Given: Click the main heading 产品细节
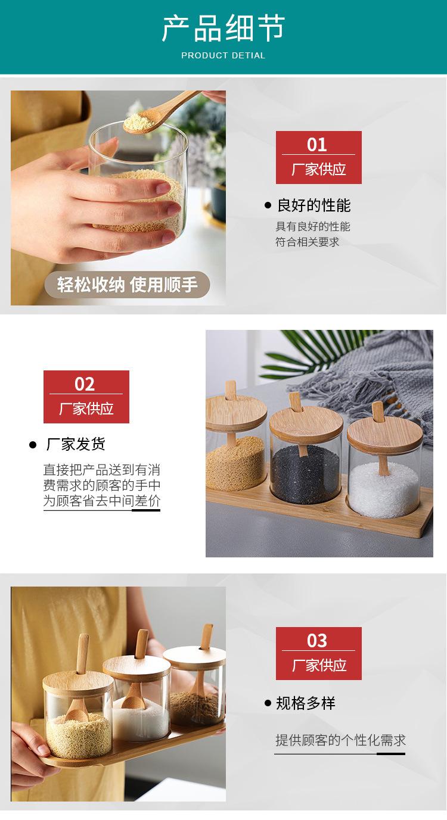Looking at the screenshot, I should [223, 29].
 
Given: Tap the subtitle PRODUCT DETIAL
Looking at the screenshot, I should [223, 55].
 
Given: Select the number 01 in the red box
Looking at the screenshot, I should [318, 145].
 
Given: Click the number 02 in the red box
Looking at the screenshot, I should [85, 384].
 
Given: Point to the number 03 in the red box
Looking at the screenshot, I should [318, 641].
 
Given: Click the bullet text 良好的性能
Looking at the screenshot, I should [313, 205].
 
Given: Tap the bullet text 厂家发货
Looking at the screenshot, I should [76, 444].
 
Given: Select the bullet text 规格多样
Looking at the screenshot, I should [305, 703].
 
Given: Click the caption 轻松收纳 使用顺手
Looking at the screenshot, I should [127, 285].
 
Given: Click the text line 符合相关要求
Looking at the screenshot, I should [307, 242].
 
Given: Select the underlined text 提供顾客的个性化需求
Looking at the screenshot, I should [340, 740].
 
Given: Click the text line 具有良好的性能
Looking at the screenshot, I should [312, 227].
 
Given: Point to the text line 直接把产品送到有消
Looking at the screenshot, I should [101, 470].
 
